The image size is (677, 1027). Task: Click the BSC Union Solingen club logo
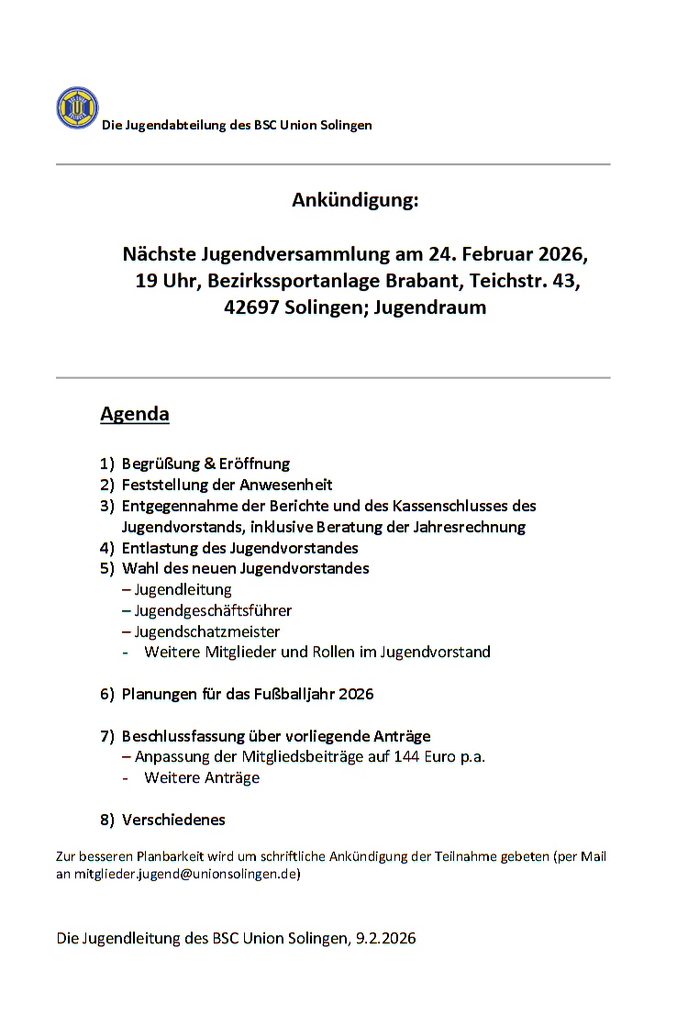coord(77,108)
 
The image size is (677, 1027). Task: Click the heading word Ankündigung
coord(355,199)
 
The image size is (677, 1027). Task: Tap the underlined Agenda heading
coord(134,414)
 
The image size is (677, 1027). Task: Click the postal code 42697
coord(254,308)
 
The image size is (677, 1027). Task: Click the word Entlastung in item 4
coord(158,548)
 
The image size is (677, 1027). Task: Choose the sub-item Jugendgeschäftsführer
coord(213,610)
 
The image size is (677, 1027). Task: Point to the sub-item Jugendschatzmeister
coord(207,631)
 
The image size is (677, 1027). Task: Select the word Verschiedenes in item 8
coord(173,820)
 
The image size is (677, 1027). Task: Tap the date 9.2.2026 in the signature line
coord(385,939)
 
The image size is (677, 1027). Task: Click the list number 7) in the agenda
coord(107,736)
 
